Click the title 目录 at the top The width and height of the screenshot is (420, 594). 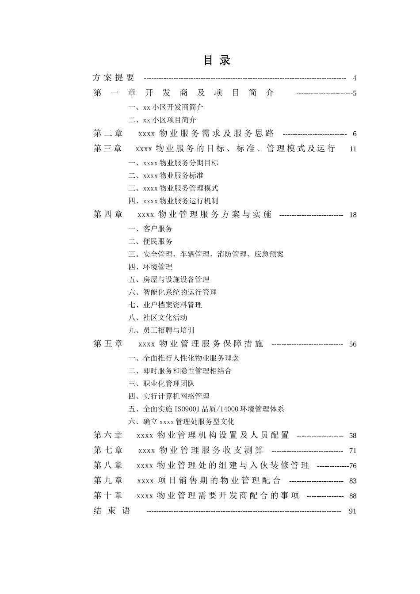point(217,60)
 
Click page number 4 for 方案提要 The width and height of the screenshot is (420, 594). point(355,78)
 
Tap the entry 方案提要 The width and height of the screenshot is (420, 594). point(114,78)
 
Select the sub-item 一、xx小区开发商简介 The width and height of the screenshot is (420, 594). point(166,107)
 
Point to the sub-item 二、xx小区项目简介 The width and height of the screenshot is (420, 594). point(162,120)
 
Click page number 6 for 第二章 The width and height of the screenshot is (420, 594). point(355,134)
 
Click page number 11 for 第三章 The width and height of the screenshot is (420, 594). point(352,149)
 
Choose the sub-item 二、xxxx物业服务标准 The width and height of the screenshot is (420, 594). point(166,176)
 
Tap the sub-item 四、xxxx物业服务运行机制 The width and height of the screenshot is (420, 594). point(173,201)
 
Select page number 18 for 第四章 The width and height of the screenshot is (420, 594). point(352,215)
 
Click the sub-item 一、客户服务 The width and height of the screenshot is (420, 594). point(150,229)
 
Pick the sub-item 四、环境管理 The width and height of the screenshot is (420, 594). point(150,267)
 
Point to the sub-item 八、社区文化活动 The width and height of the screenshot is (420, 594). point(158,318)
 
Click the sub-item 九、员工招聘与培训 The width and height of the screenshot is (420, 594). point(161,331)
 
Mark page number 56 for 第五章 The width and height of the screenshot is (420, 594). point(352,344)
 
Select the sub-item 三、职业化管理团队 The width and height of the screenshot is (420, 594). point(161,384)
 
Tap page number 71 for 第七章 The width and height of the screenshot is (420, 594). point(352,451)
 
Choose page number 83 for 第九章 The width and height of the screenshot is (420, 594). point(352,481)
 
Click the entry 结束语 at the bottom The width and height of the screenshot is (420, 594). point(112,511)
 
